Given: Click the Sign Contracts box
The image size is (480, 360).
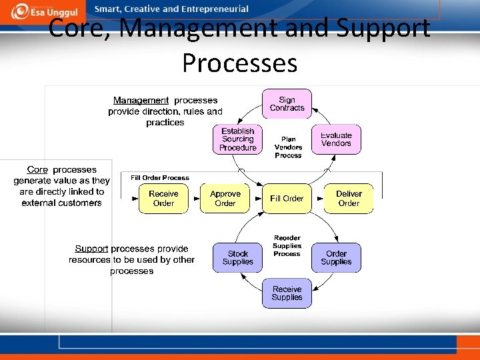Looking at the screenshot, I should [287, 104].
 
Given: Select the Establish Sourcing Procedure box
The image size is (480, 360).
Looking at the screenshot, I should [238, 139].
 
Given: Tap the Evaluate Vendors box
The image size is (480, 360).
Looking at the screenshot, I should [336, 139].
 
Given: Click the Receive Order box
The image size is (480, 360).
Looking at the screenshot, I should [163, 199].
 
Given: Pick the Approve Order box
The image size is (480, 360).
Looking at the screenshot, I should [225, 199].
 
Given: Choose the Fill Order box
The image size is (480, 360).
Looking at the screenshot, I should [287, 199].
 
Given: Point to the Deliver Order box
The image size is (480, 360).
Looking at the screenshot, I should [349, 199].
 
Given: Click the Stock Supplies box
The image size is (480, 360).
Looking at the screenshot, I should [238, 258].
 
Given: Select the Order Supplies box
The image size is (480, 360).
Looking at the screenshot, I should [336, 258].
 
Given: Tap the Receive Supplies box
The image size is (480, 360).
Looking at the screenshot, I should [287, 293].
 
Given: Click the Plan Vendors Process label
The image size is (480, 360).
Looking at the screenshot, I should [288, 147].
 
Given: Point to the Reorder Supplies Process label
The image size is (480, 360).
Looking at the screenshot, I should [287, 246].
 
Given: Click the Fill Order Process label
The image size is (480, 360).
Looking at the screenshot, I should [160, 178].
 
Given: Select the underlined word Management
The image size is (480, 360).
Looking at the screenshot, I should [141, 101].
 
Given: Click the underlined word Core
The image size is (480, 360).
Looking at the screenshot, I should [37, 170].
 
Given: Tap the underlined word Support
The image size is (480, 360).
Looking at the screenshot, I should [91, 249].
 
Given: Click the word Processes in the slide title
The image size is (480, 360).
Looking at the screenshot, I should [239, 63].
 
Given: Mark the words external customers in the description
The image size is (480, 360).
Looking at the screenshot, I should [61, 203].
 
